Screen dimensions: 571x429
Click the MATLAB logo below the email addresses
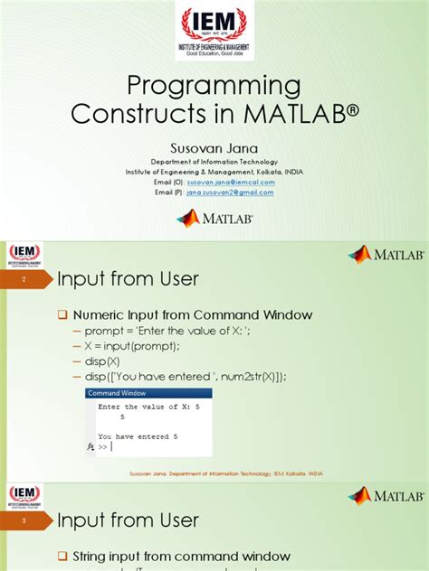coord(215,218)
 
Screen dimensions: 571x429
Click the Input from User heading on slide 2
coord(128,280)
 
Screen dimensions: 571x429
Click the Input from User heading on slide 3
coord(128,520)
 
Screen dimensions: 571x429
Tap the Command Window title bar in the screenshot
coord(148,394)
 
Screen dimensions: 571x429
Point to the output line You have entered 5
coord(138,435)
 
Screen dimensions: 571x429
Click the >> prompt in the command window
coord(103,446)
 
